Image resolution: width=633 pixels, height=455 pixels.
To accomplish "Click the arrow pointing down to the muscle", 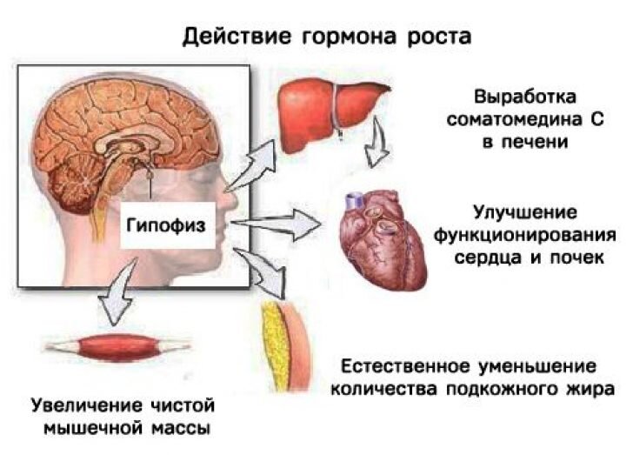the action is click(113, 300).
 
